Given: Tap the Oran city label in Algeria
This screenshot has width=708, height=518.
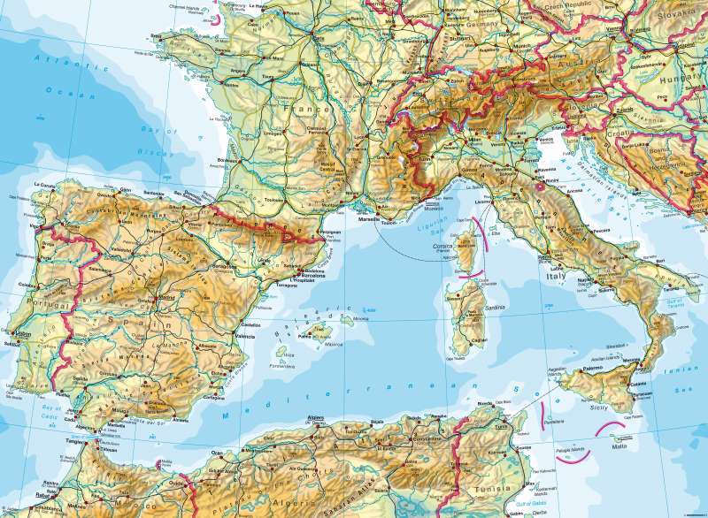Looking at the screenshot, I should point(217,453).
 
